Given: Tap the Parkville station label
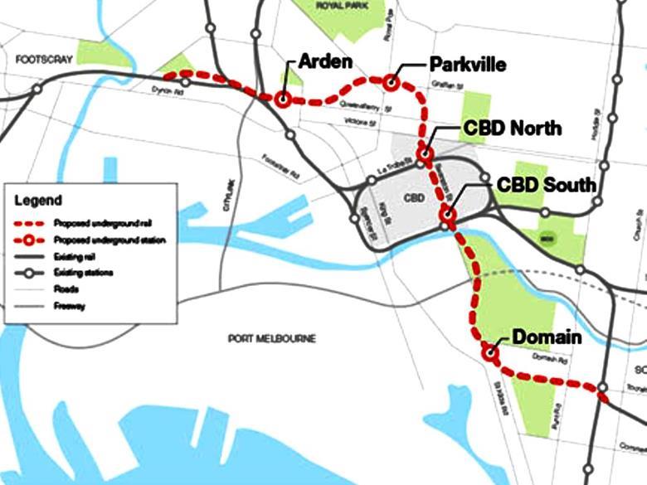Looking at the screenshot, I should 467,64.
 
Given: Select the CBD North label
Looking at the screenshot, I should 513,129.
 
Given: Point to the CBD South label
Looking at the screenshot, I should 547,184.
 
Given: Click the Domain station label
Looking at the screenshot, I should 547,337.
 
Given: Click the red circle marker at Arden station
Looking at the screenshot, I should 283,99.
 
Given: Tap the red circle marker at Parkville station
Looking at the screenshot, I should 391,81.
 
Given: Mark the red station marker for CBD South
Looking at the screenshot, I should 449,216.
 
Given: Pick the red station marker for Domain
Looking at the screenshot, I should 489,352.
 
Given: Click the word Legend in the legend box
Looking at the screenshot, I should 38,201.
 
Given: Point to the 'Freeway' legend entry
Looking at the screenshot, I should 69,306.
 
